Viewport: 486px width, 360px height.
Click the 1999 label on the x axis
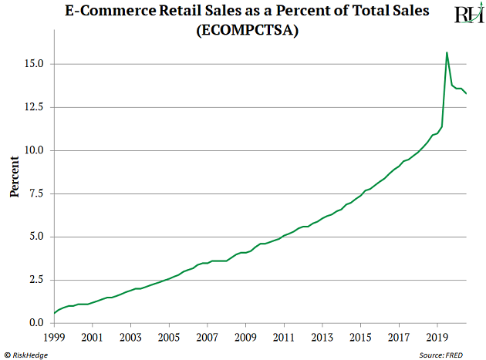coord(54,337)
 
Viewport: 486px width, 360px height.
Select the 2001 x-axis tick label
coord(93,337)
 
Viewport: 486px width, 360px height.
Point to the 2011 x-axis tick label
coord(284,337)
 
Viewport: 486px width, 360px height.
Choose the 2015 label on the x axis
coord(360,337)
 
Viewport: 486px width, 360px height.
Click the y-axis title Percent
coord(15,178)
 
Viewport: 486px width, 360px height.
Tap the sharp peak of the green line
coord(447,52)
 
